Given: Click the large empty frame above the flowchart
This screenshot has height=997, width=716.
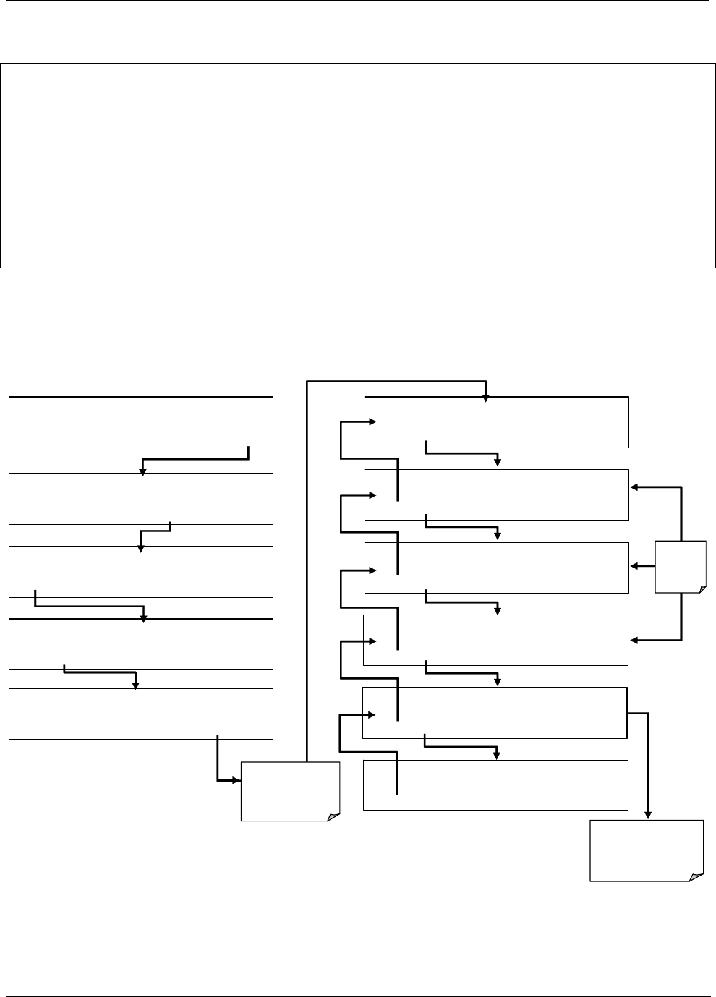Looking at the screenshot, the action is [x=358, y=166].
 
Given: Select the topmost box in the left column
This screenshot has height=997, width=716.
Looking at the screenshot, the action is [x=141, y=422].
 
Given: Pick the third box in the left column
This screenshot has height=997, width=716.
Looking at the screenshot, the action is [x=141, y=572].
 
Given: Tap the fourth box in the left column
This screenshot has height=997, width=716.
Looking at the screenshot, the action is [x=141, y=643].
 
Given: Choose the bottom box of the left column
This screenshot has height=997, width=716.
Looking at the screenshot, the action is [x=141, y=714].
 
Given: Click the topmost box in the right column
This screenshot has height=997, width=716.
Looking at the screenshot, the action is [x=496, y=422].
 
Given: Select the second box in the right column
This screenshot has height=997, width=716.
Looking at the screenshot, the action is [x=496, y=495].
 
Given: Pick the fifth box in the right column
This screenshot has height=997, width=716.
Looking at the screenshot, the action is [x=494, y=712].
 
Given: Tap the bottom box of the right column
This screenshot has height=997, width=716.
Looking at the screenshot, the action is [x=495, y=785].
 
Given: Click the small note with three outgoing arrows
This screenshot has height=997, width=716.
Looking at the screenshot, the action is [x=680, y=566].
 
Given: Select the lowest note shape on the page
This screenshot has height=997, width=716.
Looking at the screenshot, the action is [x=647, y=850].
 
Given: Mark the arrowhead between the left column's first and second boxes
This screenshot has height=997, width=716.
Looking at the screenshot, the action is [x=142, y=472].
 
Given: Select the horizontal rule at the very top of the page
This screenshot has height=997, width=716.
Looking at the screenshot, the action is [x=358, y=1].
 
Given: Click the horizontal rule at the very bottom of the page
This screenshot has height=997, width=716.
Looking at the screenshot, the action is [x=358, y=996].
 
